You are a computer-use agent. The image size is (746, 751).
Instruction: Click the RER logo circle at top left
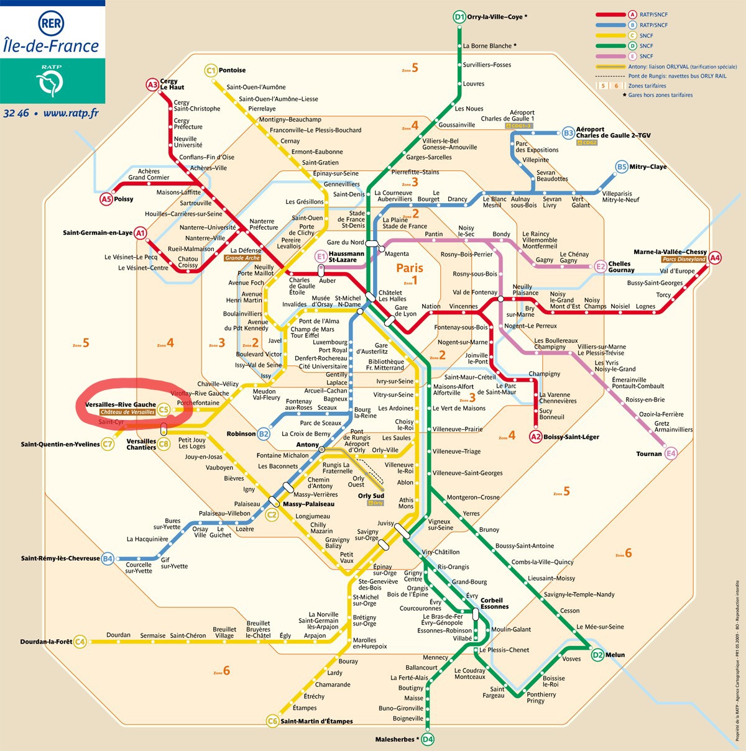click(51, 24)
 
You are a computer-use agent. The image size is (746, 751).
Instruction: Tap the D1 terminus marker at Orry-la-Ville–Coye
click(459, 17)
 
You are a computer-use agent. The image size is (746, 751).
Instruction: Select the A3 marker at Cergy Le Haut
click(152, 85)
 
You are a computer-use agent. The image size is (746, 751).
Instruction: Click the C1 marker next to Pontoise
click(211, 70)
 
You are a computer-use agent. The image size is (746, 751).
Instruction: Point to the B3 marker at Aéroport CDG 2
click(568, 133)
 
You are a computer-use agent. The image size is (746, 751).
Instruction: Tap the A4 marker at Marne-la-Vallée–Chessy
click(715, 258)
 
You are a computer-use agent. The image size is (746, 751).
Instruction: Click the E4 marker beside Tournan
click(671, 453)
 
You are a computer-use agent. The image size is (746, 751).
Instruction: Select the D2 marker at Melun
click(597, 655)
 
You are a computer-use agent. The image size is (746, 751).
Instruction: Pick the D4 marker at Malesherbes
click(427, 739)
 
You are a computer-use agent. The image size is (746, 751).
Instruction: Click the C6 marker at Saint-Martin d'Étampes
click(272, 721)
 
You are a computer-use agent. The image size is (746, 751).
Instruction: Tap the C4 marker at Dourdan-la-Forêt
click(80, 642)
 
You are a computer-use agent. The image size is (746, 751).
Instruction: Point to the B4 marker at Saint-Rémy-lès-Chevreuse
click(108, 558)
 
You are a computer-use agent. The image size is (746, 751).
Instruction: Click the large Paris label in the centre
click(410, 268)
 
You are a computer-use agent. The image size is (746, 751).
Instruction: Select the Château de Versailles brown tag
click(127, 412)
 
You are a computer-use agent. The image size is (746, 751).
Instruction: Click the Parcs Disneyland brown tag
click(684, 260)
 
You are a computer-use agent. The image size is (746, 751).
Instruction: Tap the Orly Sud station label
click(371, 496)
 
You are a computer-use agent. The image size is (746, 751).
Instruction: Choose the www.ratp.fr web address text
click(71, 113)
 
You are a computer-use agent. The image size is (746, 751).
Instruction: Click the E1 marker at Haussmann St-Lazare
click(321, 257)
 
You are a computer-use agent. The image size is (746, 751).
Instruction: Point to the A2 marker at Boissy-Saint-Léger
click(536, 437)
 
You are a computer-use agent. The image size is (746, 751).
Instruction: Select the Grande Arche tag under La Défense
click(242, 258)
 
